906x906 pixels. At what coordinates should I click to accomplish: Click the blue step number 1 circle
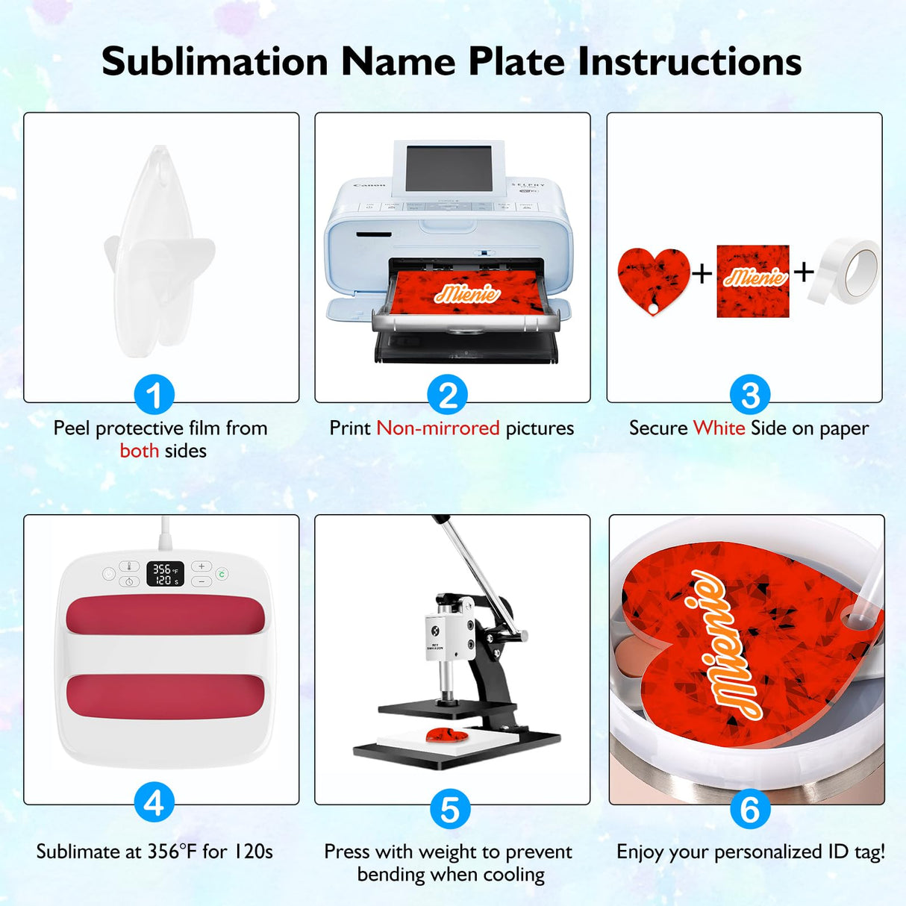point(154,395)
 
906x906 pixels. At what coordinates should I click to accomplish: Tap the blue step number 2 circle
point(448,395)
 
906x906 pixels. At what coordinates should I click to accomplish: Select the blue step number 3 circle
point(750,395)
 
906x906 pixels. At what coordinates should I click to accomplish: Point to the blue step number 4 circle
point(154,803)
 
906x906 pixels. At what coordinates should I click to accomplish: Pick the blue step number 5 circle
point(450,809)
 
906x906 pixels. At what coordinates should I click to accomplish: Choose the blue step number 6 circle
point(750,809)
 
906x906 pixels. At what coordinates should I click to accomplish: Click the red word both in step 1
point(140,451)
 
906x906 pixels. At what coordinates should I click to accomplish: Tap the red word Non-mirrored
point(438,428)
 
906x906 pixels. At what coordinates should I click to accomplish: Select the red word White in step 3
point(719,428)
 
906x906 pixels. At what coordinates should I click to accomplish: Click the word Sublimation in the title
point(215,61)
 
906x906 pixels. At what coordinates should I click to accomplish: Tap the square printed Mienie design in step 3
point(753,281)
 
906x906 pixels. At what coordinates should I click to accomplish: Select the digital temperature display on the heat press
point(166,574)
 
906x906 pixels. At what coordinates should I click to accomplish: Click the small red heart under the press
point(447,736)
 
